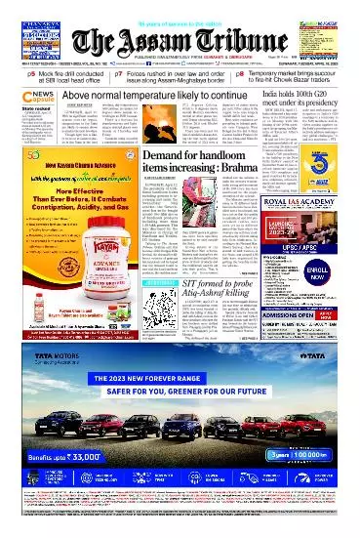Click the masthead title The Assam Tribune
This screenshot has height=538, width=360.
pos(180,40)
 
